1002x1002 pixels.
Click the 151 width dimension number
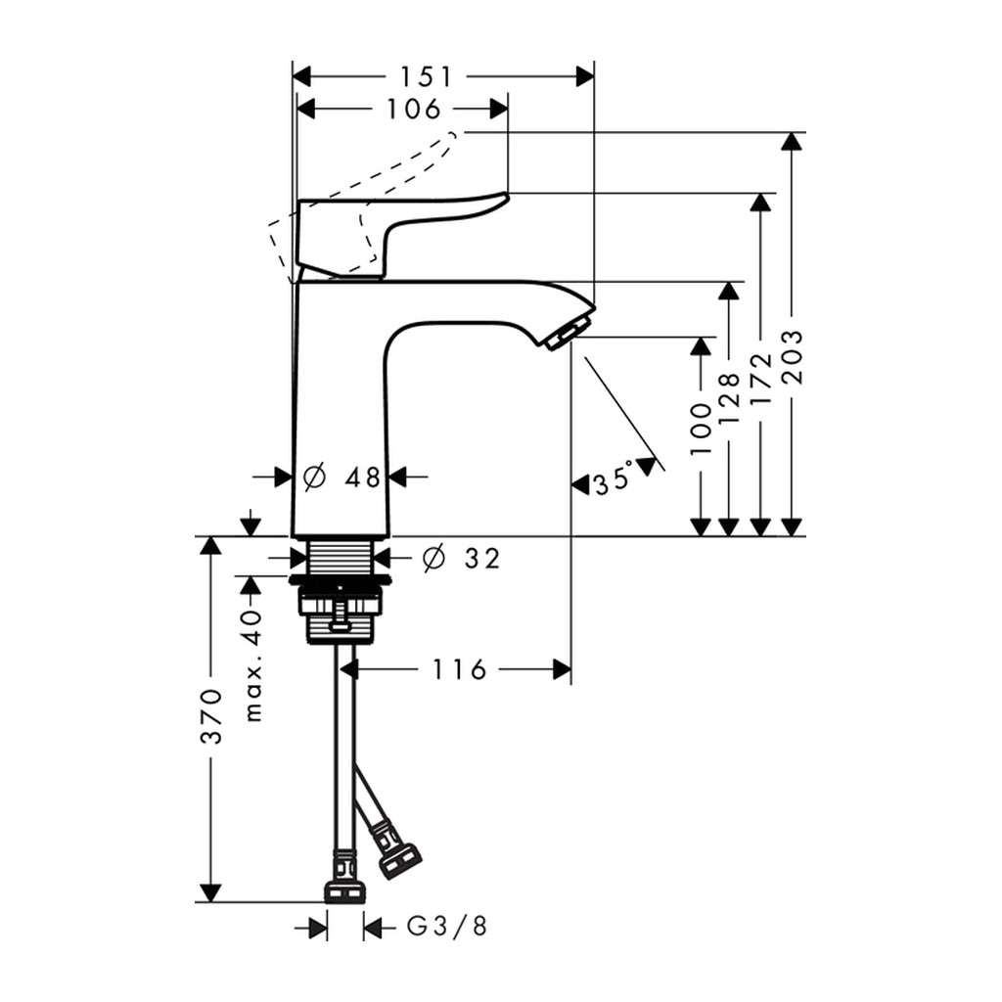tap(427, 76)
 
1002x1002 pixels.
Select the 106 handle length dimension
tap(414, 109)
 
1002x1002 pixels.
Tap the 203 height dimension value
tap(793, 356)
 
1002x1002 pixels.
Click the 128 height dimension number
tap(728, 399)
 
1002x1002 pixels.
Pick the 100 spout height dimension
tap(701, 429)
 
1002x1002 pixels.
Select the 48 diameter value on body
tap(362, 477)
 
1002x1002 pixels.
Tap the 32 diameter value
tap(482, 559)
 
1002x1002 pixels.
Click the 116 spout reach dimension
tap(460, 669)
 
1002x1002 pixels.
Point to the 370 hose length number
tap(211, 715)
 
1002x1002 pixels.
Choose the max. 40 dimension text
tap(253, 665)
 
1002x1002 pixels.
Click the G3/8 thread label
tap(447, 926)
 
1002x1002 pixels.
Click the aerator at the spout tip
tap(562, 336)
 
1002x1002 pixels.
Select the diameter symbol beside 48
tap(314, 477)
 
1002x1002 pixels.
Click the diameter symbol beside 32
tap(433, 559)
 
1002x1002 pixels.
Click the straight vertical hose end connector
tap(345, 876)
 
